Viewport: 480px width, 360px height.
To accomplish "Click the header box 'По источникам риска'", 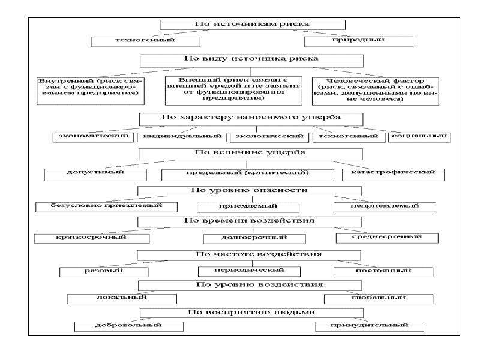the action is point(253,25).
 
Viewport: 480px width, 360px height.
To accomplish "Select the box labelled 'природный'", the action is point(358,41).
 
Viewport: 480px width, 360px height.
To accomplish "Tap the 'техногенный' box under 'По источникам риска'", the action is point(146,41).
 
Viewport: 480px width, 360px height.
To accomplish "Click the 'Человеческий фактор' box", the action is point(376,91).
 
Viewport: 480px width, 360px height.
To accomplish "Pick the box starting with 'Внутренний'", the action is point(91,91).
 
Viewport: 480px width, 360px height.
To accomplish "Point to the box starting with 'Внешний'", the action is point(233,91).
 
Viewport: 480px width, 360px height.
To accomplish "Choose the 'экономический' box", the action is point(93,137).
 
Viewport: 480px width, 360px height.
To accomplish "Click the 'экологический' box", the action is point(269,137).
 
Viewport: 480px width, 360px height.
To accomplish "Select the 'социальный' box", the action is point(419,137).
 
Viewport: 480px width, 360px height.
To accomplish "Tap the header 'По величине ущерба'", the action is point(250,154).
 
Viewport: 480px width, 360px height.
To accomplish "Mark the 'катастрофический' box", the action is point(393,175).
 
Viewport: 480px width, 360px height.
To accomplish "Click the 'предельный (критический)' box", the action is point(248,175).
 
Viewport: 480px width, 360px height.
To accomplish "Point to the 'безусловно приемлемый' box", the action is point(107,207).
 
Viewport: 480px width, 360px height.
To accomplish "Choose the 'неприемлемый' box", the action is point(385,207).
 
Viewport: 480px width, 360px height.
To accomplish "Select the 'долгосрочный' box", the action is point(254,239).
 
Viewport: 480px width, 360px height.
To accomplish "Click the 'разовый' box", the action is point(104,272).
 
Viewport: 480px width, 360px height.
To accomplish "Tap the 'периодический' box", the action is point(249,271).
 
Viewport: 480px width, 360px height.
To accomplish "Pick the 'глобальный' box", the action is point(379,299).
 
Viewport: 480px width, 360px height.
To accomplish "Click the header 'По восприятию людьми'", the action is point(251,313).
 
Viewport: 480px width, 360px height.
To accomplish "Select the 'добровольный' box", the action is point(129,326).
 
